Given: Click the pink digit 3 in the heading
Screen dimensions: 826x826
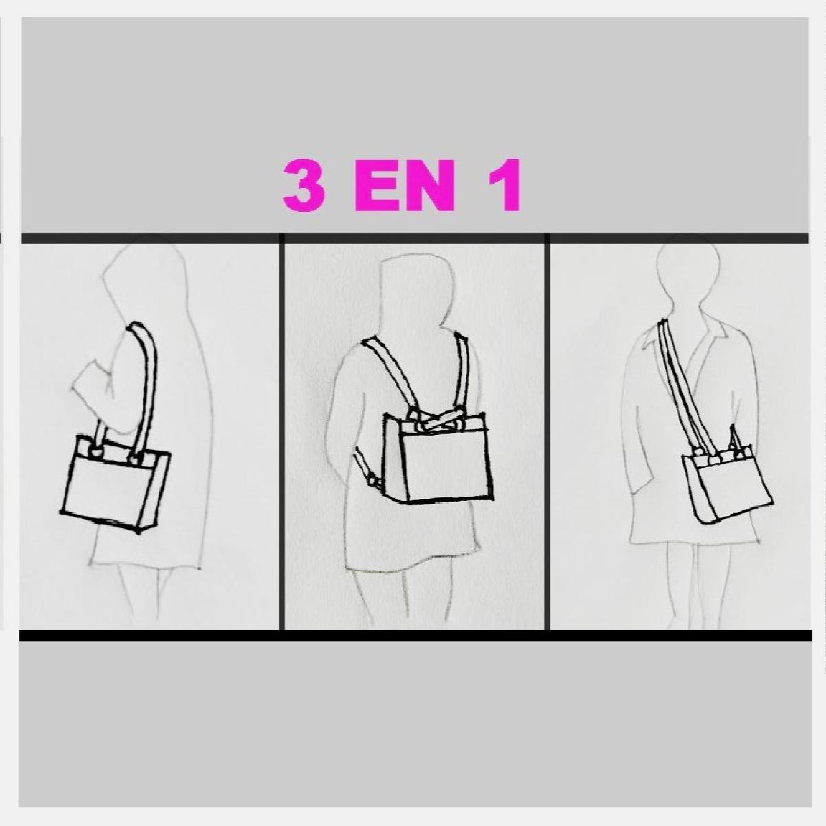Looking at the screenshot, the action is click(x=304, y=185).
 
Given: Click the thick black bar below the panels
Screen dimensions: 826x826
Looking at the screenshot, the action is click(x=415, y=635).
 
